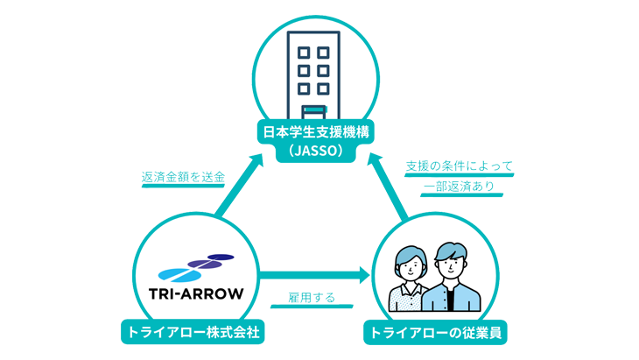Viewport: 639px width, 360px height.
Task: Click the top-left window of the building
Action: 303,51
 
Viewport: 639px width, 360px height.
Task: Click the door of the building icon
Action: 318,113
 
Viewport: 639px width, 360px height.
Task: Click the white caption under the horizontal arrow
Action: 319,300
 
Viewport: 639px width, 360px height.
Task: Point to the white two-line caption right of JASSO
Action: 459,178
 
